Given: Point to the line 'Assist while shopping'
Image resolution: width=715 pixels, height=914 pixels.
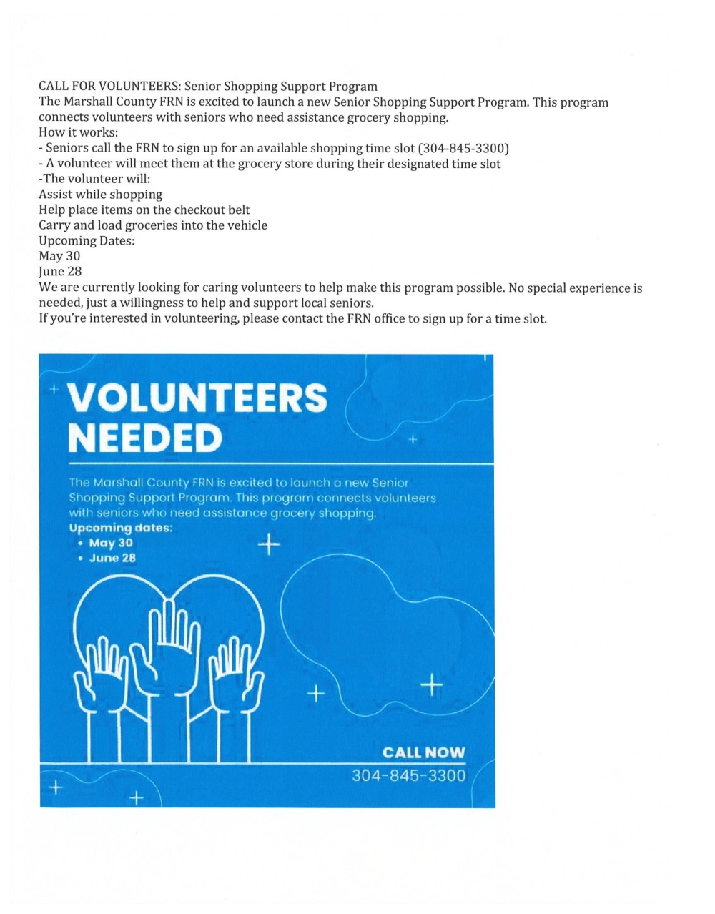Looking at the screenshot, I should click(100, 195).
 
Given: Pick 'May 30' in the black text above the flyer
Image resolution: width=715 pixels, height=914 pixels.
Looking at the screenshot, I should click(59, 256).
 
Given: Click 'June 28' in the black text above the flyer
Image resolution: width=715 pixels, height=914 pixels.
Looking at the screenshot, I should click(60, 272).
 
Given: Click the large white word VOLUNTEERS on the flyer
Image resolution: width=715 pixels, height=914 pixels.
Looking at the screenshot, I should click(197, 398).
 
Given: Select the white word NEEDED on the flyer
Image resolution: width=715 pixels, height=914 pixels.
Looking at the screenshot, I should click(144, 438).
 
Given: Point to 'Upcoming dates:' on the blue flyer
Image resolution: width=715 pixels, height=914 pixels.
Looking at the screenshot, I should click(120, 529).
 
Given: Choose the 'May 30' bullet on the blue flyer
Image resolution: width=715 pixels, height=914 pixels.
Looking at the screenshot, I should click(111, 543).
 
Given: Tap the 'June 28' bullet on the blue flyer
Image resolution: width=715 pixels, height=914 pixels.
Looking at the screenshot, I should click(112, 558).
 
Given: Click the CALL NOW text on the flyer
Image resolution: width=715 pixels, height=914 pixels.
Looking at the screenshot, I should click(423, 752).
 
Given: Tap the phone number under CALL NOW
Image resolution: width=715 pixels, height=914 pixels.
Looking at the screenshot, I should click(408, 776).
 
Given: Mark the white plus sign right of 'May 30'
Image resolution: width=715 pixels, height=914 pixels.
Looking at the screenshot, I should click(268, 546).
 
